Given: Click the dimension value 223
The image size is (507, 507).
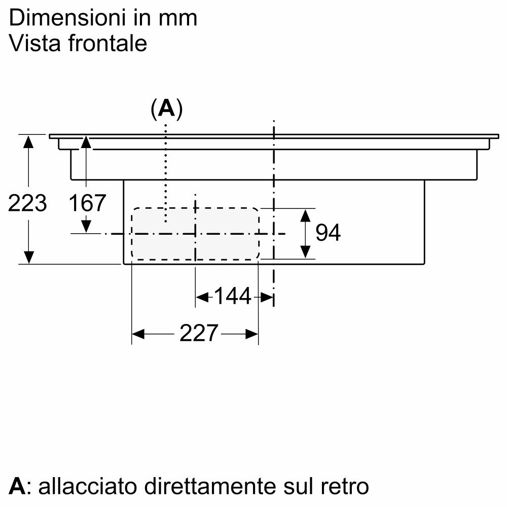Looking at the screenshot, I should (x=28, y=203).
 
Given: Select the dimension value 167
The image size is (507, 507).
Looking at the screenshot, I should (x=87, y=203).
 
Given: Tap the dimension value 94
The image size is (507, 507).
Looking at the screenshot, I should (x=328, y=233).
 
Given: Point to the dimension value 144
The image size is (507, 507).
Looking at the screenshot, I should (x=233, y=297).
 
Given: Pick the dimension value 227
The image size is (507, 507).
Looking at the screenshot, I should (x=198, y=334).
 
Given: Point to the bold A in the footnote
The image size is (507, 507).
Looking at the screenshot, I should (x=17, y=486).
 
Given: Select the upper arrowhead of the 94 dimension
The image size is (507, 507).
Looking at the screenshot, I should (x=305, y=215).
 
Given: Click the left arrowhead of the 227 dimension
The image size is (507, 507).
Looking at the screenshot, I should (x=138, y=334).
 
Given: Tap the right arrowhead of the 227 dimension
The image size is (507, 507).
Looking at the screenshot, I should (x=252, y=334).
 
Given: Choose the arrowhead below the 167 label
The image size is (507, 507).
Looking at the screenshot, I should (x=87, y=225).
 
